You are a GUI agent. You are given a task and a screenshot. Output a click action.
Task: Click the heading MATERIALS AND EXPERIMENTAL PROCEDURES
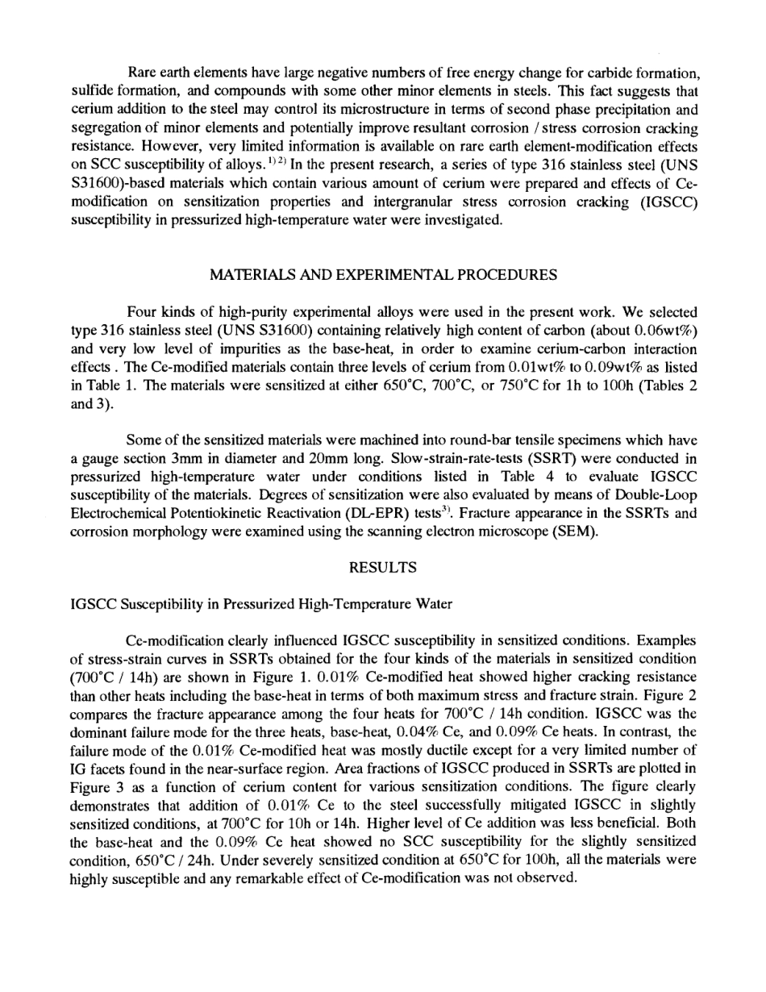pos(383,275)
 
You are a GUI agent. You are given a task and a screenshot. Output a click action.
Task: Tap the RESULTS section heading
pos(383,568)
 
